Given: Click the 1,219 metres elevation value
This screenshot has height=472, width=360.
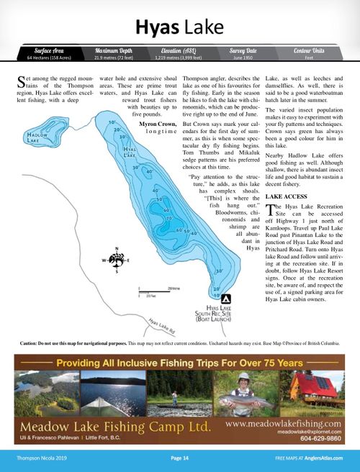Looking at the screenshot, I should point(179,58).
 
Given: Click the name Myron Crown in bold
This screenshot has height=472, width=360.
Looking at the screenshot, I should point(157,124).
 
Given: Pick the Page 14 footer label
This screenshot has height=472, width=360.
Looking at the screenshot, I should point(179,458).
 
